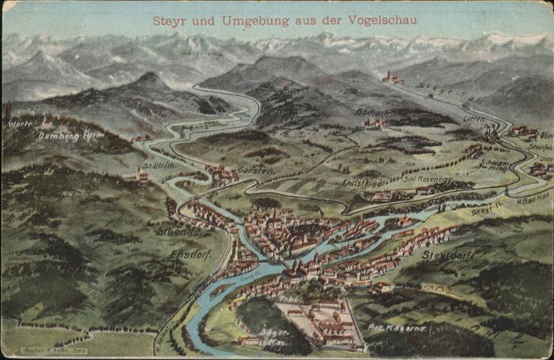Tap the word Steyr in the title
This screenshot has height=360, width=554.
point(170,20)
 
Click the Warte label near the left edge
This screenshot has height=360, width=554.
point(20,124)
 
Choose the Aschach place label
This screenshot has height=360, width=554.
point(372,113)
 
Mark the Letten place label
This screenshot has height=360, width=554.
point(474,118)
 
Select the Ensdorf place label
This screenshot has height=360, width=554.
point(189,254)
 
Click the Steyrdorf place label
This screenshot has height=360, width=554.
point(448,255)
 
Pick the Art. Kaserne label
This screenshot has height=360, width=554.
point(397,327)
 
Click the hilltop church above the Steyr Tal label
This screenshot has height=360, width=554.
point(390,77)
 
